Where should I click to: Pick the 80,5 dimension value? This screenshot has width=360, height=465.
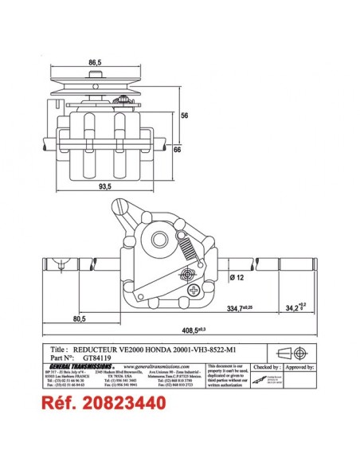click(x=79, y=318)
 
